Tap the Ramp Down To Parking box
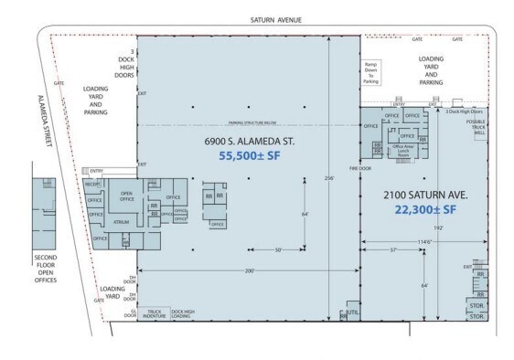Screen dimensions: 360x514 point(371,73)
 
